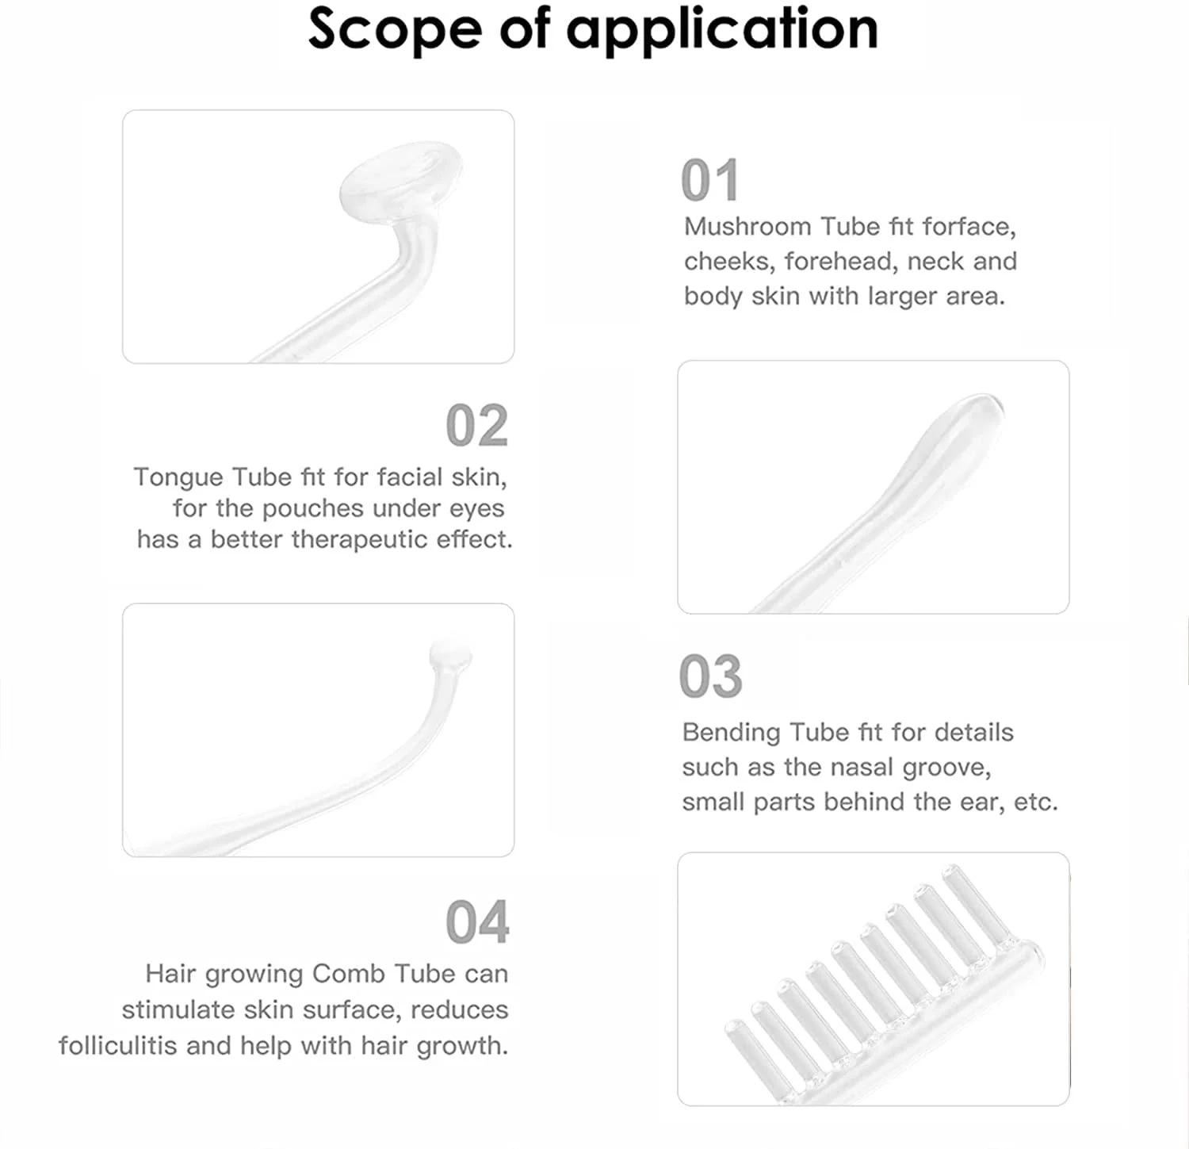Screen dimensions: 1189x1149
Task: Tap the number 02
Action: click(477, 426)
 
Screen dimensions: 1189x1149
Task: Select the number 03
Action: click(711, 676)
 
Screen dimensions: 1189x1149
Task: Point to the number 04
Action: click(477, 922)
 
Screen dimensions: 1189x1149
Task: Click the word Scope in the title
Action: click(394, 29)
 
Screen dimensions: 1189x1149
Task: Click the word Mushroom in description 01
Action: click(747, 227)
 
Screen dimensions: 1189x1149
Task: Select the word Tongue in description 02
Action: click(178, 479)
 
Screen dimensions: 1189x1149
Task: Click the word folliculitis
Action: click(118, 1046)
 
